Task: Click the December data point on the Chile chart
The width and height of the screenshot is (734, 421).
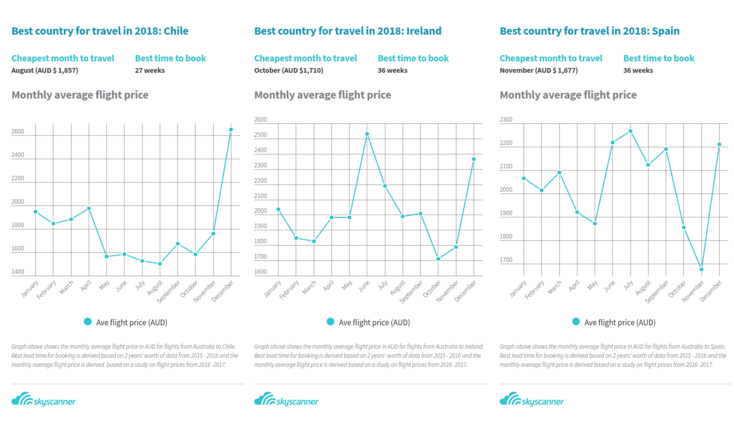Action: tap(231, 130)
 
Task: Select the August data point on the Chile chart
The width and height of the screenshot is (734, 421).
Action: tap(160, 264)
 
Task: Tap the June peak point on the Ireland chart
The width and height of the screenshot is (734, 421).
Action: tap(367, 134)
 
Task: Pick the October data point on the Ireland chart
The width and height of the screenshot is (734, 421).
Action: tap(438, 259)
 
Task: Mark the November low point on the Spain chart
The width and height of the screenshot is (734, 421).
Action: tap(701, 270)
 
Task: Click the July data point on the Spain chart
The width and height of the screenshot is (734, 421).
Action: tap(631, 131)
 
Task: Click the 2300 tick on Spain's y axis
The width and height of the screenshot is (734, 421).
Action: tap(506, 119)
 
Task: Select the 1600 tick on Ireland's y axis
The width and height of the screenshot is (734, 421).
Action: tap(260, 272)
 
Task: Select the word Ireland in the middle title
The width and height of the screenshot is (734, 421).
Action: tap(424, 31)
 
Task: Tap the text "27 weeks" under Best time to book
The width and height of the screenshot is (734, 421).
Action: tap(150, 71)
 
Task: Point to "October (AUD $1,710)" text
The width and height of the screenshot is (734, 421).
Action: tap(288, 71)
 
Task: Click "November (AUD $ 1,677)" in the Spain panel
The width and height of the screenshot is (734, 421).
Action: tap(539, 71)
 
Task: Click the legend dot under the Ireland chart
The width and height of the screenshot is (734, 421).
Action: tap(330, 321)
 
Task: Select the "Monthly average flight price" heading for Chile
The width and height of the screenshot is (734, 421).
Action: tap(80, 95)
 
